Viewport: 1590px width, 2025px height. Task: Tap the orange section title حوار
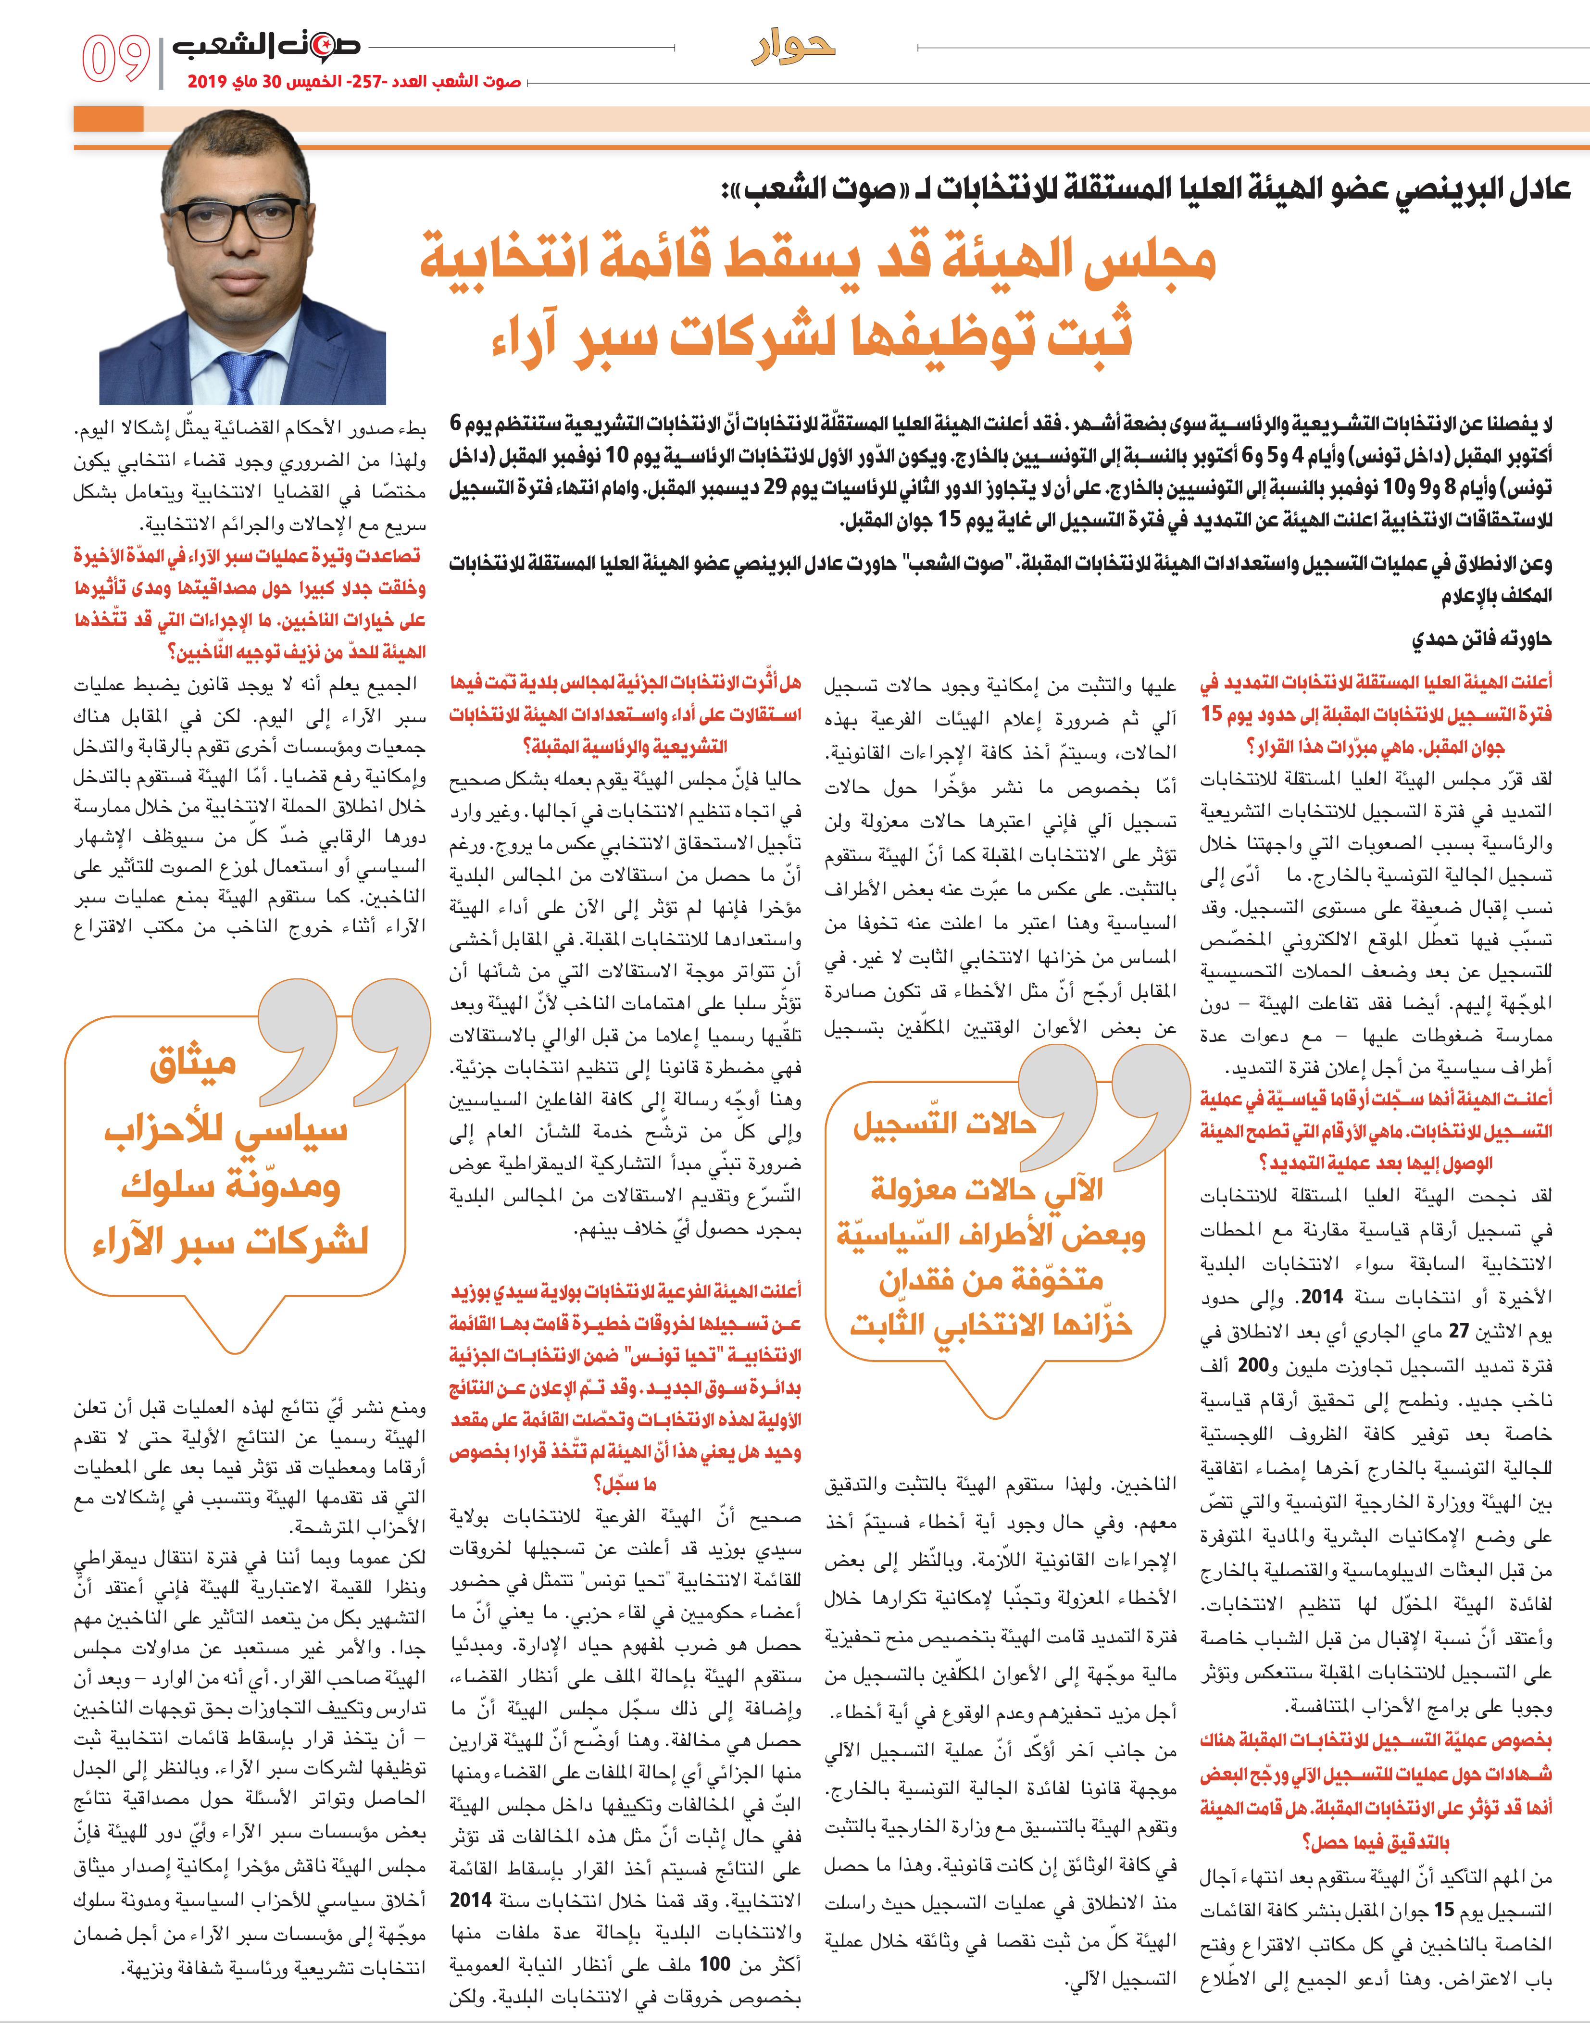[793, 47]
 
